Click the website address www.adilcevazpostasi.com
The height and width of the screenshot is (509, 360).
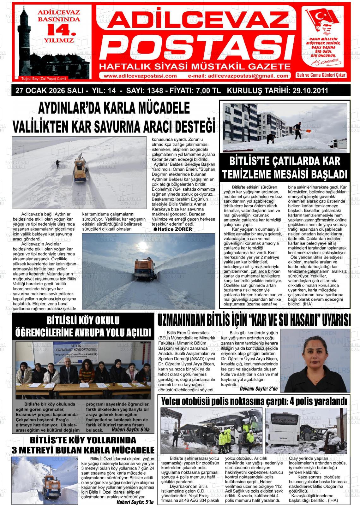(x=140, y=76)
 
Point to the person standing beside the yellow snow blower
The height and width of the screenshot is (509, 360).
(x=58, y=163)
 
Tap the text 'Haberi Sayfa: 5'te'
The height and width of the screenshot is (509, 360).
(x=135, y=502)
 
